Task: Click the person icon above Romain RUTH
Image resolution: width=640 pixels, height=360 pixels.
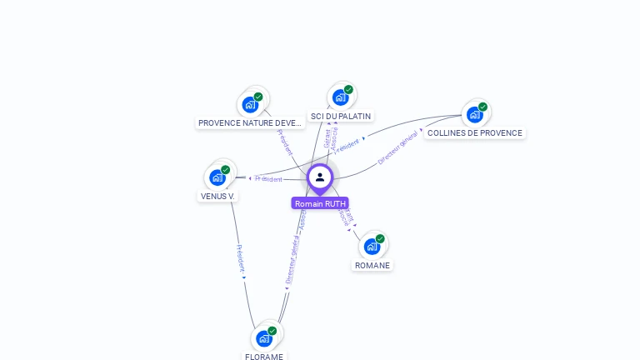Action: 320,177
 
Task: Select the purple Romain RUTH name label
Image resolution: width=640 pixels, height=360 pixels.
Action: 320,203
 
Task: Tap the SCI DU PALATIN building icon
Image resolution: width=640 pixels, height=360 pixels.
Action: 340,97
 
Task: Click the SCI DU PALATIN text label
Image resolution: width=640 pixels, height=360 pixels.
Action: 340,117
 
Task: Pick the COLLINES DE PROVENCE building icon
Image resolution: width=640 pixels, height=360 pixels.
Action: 474,114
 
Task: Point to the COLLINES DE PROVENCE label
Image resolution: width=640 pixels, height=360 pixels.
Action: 475,133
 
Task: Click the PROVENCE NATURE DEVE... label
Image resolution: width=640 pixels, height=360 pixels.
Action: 250,123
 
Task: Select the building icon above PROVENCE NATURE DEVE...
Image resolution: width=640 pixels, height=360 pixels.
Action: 249,105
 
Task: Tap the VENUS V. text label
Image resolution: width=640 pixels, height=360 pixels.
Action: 218,197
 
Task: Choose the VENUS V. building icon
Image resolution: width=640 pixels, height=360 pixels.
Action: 217,177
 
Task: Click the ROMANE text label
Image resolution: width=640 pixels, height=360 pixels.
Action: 372,266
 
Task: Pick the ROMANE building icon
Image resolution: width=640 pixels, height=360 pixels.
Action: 372,247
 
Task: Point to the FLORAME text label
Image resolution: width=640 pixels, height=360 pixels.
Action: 264,357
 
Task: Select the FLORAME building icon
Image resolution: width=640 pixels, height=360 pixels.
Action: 264,338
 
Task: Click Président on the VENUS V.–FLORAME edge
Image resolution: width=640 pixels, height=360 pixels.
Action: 239,259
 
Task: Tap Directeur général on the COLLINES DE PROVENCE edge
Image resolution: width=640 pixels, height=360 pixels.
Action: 397,147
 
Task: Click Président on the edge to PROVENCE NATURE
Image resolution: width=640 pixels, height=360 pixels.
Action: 284,142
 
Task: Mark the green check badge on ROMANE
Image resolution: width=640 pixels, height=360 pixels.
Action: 380,239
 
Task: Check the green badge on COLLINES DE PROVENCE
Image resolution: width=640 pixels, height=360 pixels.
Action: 482,107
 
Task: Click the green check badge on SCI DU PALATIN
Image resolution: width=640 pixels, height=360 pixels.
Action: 348,90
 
